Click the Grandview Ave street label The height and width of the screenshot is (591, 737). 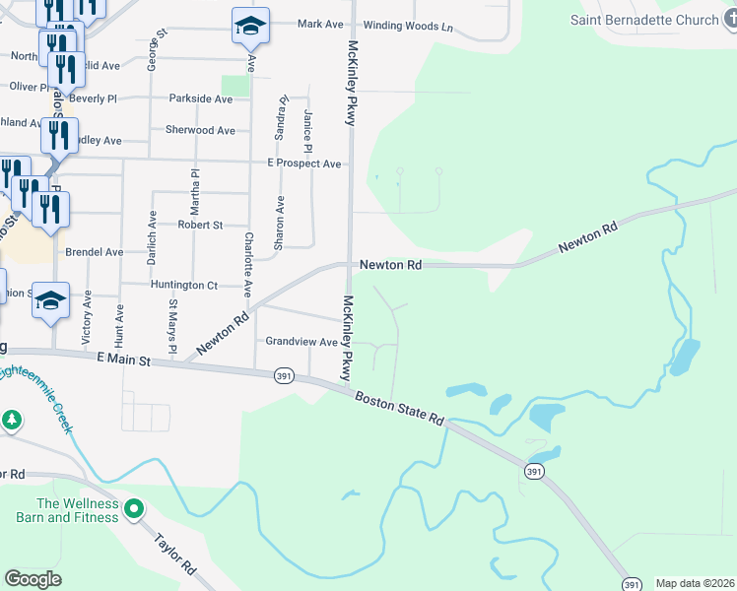point(301,342)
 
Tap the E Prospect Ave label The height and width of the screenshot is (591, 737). point(303,164)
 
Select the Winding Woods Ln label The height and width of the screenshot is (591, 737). point(408,26)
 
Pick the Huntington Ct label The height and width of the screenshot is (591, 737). point(183,285)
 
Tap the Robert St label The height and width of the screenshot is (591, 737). point(200,225)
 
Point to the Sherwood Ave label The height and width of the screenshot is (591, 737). point(200,130)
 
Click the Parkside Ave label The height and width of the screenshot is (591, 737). point(200,98)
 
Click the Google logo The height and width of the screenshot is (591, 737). point(33,579)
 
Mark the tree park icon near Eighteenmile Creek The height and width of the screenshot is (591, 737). point(12,421)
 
